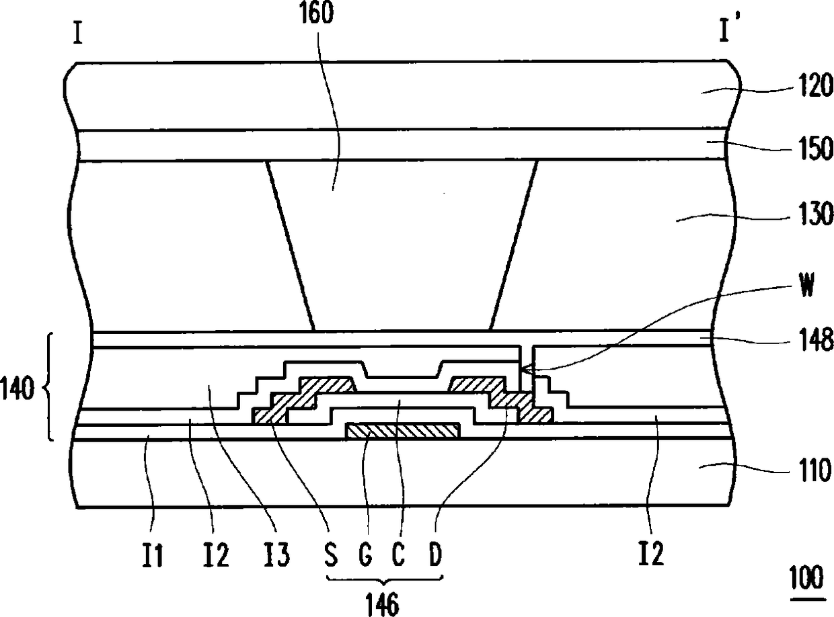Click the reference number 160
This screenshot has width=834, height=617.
point(316,13)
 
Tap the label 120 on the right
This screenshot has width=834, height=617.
point(813,86)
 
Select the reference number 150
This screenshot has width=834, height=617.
point(813,149)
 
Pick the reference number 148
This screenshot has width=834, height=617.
point(813,339)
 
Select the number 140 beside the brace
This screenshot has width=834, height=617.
point(17,389)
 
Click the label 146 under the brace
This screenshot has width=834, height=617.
point(383,606)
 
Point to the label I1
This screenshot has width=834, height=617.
point(153,555)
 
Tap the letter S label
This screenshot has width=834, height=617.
point(330,554)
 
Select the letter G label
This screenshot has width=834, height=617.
point(365,554)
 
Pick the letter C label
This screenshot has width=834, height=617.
point(398,554)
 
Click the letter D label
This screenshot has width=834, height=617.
point(434,554)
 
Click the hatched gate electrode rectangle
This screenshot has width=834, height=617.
point(403,431)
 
